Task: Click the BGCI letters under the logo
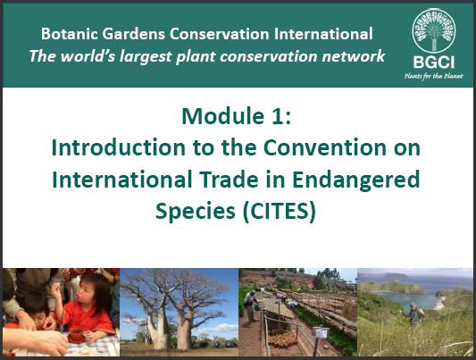433,63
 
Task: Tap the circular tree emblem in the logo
433,30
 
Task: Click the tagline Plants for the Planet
434,76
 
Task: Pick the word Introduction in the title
119,147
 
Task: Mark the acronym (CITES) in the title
280,211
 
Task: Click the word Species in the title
196,212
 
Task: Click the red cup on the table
76,334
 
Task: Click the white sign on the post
321,332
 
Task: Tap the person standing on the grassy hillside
415,314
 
